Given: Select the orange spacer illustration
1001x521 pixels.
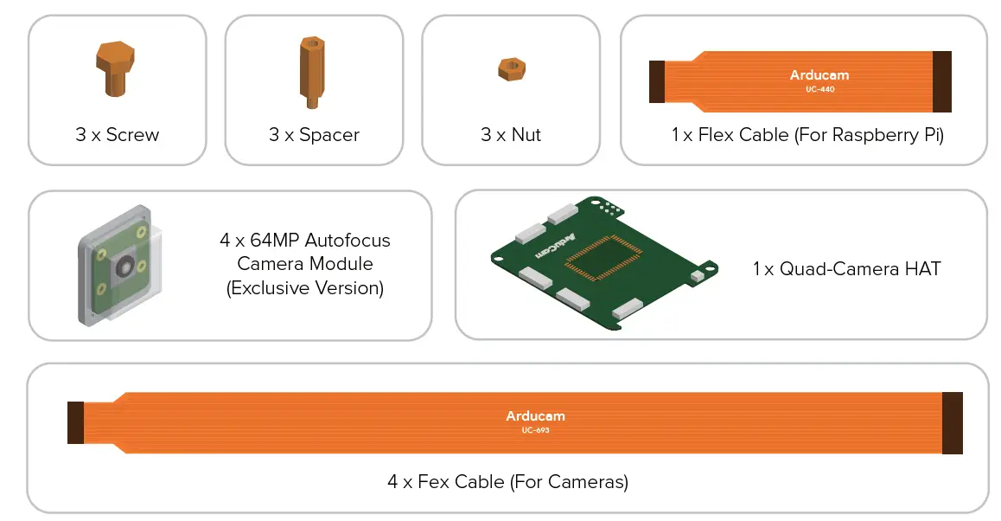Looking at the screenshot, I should pyautogui.click(x=311, y=72).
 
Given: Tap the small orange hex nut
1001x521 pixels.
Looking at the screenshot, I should pyautogui.click(x=511, y=69).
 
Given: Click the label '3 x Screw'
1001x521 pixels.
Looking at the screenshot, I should pyautogui.click(x=117, y=135).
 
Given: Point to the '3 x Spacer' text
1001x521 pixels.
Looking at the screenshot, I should pyautogui.click(x=314, y=135).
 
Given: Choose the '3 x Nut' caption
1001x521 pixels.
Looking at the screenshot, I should pyautogui.click(x=511, y=135).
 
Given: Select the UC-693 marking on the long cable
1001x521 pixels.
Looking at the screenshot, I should pyautogui.click(x=535, y=430).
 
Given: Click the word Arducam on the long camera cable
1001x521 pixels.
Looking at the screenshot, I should pyautogui.click(x=535, y=416).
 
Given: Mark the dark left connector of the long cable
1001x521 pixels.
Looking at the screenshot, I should pyautogui.click(x=75, y=422).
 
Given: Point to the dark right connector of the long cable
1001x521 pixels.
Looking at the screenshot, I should pyautogui.click(x=952, y=422).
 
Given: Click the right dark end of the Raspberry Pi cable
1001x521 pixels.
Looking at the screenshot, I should pyautogui.click(x=941, y=81).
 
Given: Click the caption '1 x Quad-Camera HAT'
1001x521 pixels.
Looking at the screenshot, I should pyautogui.click(x=845, y=269).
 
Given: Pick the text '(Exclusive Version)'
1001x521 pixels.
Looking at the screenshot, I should pyautogui.click(x=304, y=288).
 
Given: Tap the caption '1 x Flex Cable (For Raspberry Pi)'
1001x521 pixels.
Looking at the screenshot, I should pyautogui.click(x=807, y=135).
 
